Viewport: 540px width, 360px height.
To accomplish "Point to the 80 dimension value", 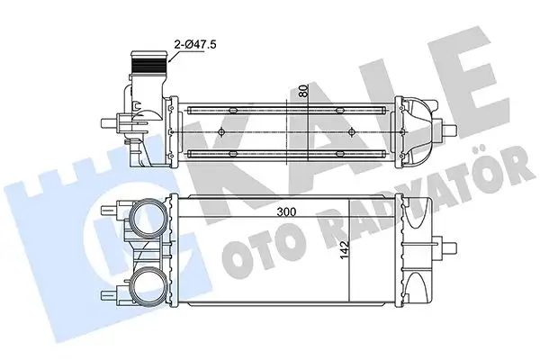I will (x=306, y=90).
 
